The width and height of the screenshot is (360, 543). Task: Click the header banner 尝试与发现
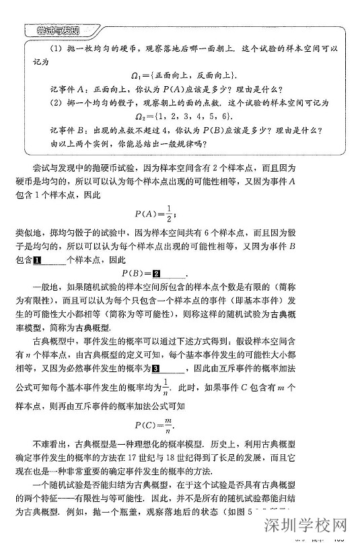[59, 31]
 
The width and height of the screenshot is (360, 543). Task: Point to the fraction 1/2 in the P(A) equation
[170, 214]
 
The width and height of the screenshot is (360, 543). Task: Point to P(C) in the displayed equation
[145, 425]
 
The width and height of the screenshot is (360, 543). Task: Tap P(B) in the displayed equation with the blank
[135, 273]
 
